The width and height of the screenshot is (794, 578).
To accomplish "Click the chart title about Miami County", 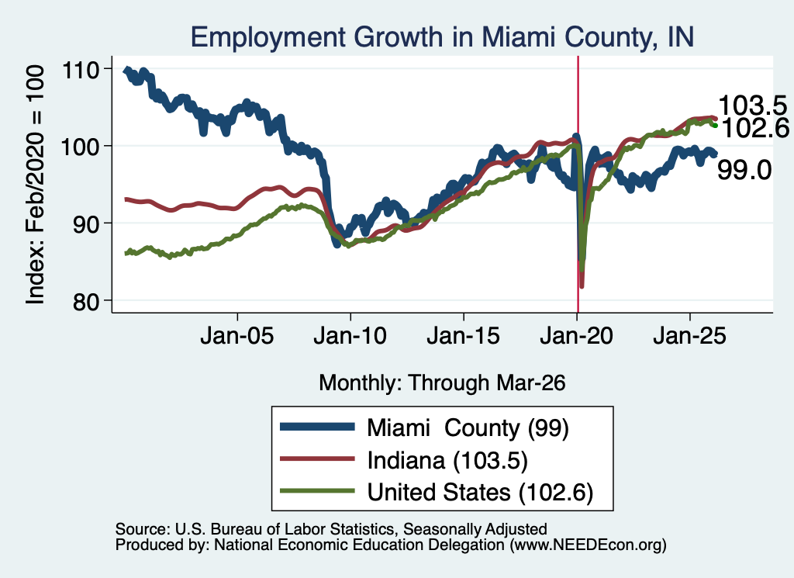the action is coord(442,37).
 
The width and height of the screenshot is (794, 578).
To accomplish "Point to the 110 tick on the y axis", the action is coord(80,70).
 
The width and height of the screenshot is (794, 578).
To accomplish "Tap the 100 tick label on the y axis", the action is coord(80,147).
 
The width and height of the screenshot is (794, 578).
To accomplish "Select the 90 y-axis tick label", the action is coord(85,224).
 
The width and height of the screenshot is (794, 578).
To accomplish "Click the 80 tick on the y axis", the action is coord(85,301).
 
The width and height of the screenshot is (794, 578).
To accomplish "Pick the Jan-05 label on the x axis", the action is coord(237,336).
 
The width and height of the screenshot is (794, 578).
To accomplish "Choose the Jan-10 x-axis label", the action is coord(350,336).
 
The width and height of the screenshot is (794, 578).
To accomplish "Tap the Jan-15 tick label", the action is coord(464,336).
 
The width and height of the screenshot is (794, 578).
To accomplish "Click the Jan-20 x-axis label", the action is coord(576,336).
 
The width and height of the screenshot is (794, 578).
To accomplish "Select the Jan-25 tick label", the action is coord(689,336).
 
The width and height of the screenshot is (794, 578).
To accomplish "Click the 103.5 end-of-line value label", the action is coord(752,106).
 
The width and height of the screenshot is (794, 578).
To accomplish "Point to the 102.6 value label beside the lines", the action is coord(754,128).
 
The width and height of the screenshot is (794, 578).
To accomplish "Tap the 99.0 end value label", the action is coord(744,170).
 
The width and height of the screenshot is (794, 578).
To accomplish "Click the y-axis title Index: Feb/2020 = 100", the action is coord(35,185).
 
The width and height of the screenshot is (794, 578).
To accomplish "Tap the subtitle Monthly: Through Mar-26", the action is coord(442,383).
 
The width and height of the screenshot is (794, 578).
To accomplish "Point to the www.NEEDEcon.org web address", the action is coord(588,545).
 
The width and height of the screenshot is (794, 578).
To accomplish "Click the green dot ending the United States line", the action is coord(715,125).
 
